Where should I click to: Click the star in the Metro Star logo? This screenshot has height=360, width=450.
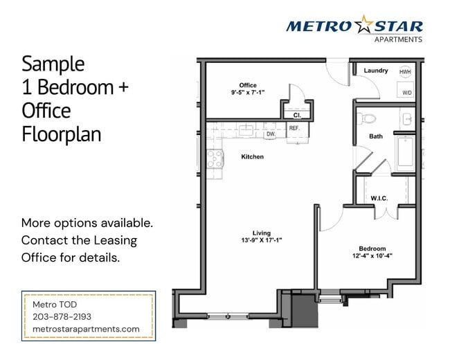(363, 26)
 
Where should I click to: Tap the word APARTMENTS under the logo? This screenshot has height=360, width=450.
(397, 40)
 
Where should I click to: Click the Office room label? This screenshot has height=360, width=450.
(248, 85)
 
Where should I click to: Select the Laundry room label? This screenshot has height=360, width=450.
(375, 71)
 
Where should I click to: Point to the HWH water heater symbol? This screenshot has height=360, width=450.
(405, 71)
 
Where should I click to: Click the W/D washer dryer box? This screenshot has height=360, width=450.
(406, 92)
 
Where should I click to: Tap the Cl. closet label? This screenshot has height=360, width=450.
(296, 115)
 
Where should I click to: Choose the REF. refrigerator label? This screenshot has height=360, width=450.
(294, 128)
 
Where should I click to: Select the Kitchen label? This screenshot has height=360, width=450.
(252, 157)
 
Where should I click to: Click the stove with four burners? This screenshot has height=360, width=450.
(215, 159)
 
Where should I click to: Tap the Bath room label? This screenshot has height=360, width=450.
(375, 136)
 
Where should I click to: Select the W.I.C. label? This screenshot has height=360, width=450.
(379, 199)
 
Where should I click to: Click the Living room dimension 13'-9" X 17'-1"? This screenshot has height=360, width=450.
(261, 240)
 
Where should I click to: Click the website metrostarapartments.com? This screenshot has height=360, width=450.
(86, 329)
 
